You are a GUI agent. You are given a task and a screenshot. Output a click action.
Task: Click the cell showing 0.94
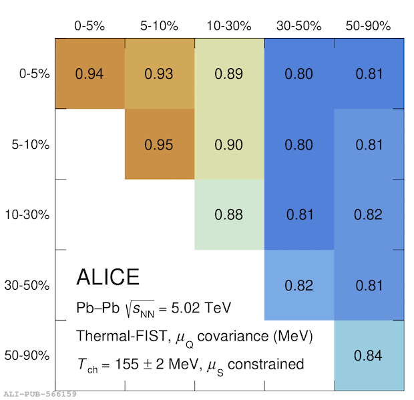[89, 73]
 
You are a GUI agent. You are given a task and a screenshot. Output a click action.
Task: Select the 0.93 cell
[159, 73]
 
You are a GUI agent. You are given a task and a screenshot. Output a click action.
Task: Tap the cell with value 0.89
[228, 73]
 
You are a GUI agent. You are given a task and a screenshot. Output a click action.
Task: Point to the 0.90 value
[228, 145]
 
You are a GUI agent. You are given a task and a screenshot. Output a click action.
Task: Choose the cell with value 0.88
[228, 214]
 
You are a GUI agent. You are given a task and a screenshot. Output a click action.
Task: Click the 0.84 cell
[368, 355]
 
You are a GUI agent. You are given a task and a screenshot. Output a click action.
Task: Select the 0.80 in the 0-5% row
[298, 73]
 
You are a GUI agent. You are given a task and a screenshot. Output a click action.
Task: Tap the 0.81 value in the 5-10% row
[369, 145]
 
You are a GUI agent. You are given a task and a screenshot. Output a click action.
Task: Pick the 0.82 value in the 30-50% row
[298, 285]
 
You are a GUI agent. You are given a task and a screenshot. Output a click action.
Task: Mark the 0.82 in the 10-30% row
[368, 214]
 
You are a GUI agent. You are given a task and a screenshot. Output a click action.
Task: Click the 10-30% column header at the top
[229, 26]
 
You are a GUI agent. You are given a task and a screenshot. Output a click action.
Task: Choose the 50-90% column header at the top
[369, 26]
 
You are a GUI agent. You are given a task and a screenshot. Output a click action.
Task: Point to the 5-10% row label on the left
[30, 145]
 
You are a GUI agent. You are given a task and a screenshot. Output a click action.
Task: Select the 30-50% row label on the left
[27, 285]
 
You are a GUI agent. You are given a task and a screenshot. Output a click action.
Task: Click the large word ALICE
[108, 276]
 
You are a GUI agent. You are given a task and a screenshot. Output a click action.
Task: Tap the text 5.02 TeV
[201, 308]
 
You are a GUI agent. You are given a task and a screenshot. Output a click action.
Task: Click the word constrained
[266, 364]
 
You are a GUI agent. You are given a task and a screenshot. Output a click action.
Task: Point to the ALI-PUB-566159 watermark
[40, 394]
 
